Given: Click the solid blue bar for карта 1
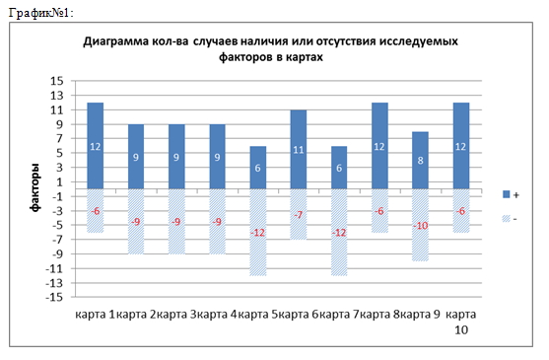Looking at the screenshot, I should click(x=96, y=145).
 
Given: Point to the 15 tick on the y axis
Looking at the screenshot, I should click(x=56, y=81).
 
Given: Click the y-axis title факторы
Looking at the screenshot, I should click(x=34, y=189).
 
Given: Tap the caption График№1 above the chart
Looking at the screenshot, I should click(x=38, y=10).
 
